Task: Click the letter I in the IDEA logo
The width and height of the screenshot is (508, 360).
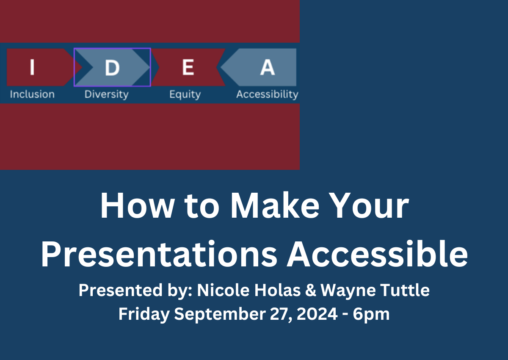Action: [32, 67]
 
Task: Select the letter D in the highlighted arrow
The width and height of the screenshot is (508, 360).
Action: [112, 67]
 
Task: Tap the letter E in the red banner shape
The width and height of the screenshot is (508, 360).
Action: [188, 67]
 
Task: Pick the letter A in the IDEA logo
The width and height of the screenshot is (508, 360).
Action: [268, 67]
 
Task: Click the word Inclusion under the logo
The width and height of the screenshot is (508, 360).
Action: [32, 94]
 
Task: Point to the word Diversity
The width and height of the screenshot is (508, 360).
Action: [106, 94]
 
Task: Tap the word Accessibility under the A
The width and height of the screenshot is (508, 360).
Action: [267, 94]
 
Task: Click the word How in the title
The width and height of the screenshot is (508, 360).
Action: [138, 205]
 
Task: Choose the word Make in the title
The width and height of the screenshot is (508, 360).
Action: [275, 205]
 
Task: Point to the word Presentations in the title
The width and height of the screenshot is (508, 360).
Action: [159, 255]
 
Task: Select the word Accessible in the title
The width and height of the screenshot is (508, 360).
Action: [377, 254]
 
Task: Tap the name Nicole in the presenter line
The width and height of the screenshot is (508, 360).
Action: [223, 290]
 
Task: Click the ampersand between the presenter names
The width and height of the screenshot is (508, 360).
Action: [310, 291]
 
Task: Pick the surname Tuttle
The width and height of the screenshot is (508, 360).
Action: [405, 290]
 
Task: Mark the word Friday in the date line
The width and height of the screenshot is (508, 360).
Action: [144, 314]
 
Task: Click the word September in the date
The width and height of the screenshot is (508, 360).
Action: [220, 314]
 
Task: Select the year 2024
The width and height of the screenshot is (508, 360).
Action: [317, 314]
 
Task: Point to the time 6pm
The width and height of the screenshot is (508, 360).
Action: [371, 314]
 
